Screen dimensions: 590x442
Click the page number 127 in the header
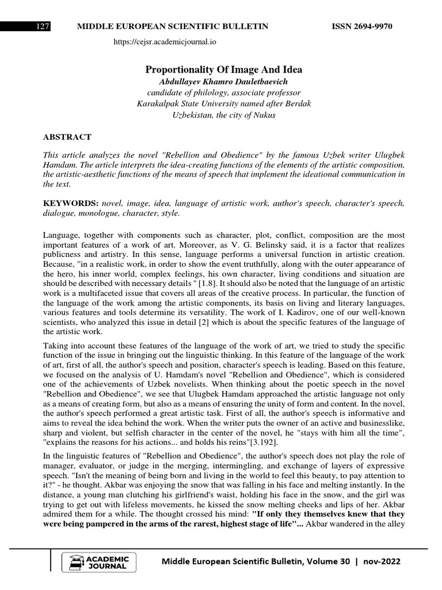click(x=43, y=27)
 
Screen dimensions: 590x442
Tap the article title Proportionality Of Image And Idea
click(x=223, y=70)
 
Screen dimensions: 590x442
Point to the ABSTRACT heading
click(x=67, y=137)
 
